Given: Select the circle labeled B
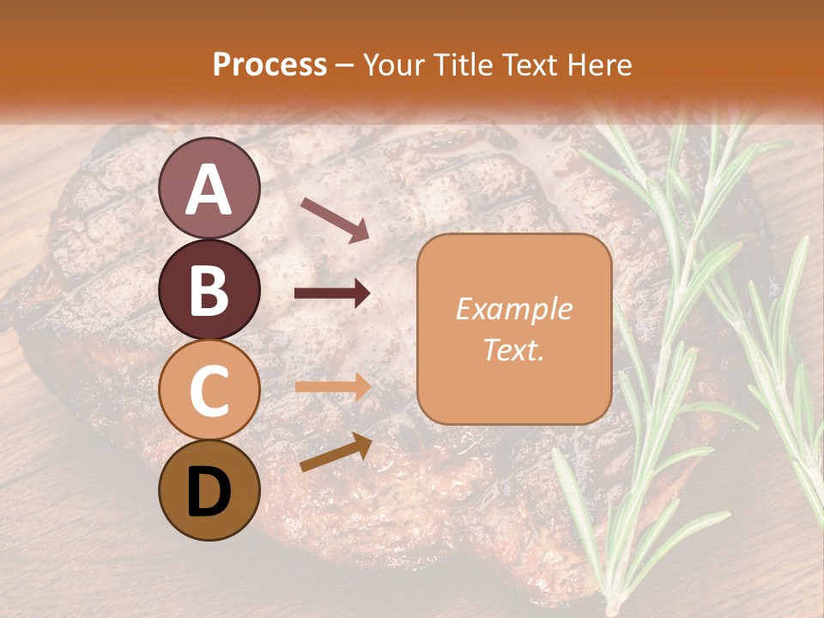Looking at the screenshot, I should tap(209, 289).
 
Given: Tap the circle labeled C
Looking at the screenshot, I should tap(209, 391).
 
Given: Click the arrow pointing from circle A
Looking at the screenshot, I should tap(335, 219).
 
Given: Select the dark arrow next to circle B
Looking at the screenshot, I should tap(332, 294).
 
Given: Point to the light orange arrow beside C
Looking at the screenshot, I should tap(332, 387).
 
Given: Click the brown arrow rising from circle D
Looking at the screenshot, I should tap(336, 452).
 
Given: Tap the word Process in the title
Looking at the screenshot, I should tap(270, 64).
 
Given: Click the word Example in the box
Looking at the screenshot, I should tap(513, 309).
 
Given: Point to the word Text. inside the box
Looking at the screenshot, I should tap(513, 349).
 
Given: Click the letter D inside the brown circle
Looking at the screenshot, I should tap(209, 493).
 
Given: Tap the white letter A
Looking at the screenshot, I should tap(209, 189).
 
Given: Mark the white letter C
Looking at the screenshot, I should tap(209, 391).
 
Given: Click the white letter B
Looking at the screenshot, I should tap(209, 289).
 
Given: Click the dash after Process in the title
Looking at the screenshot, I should tap(345, 65).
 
